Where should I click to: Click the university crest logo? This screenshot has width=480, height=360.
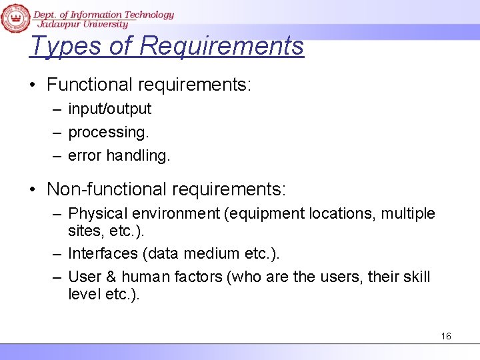(15, 17)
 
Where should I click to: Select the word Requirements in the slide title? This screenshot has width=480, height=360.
(222, 46)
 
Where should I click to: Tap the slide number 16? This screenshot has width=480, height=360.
(446, 336)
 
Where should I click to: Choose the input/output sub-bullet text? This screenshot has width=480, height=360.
(110, 109)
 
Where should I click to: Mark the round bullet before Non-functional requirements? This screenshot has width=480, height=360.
(33, 190)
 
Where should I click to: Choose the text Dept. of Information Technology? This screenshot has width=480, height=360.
(104, 14)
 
